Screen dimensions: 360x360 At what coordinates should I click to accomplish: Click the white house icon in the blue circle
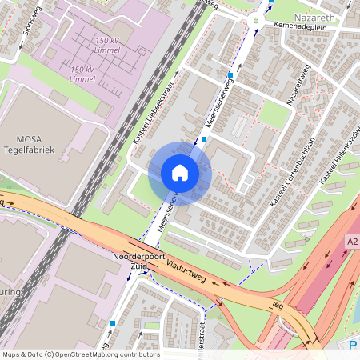pyautogui.click(x=180, y=173)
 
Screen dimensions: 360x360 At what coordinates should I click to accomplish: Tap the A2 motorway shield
pyautogui.click(x=352, y=240)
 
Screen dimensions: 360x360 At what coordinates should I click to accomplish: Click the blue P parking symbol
pyautogui.click(x=353, y=346)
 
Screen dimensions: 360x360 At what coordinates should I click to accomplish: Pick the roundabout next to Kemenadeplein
pyautogui.click(x=257, y=22)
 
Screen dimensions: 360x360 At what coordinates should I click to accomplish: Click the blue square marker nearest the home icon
pyautogui.click(x=204, y=139)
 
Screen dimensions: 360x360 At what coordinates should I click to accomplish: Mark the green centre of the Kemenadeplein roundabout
pyautogui.click(x=257, y=22)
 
